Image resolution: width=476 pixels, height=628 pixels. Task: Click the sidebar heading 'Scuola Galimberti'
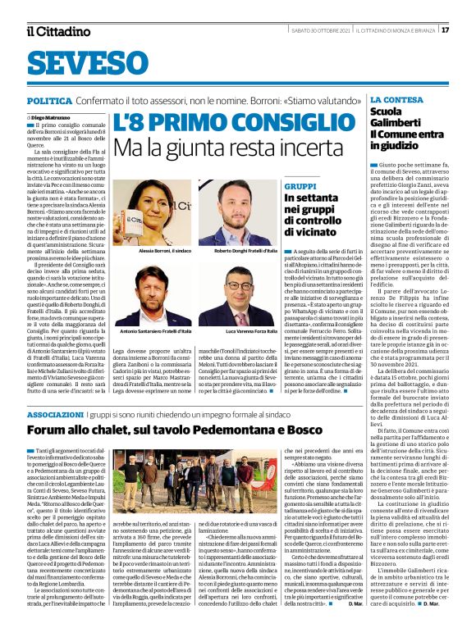pyautogui.click(x=391, y=116)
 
